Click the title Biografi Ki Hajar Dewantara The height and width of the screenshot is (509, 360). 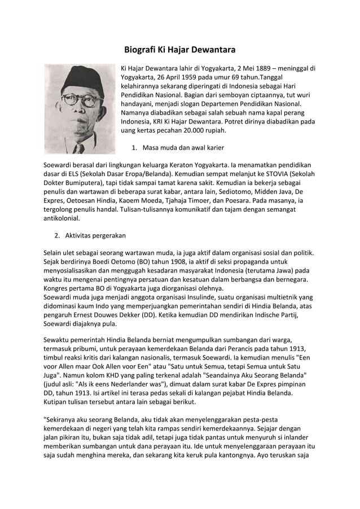pos(179,50)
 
